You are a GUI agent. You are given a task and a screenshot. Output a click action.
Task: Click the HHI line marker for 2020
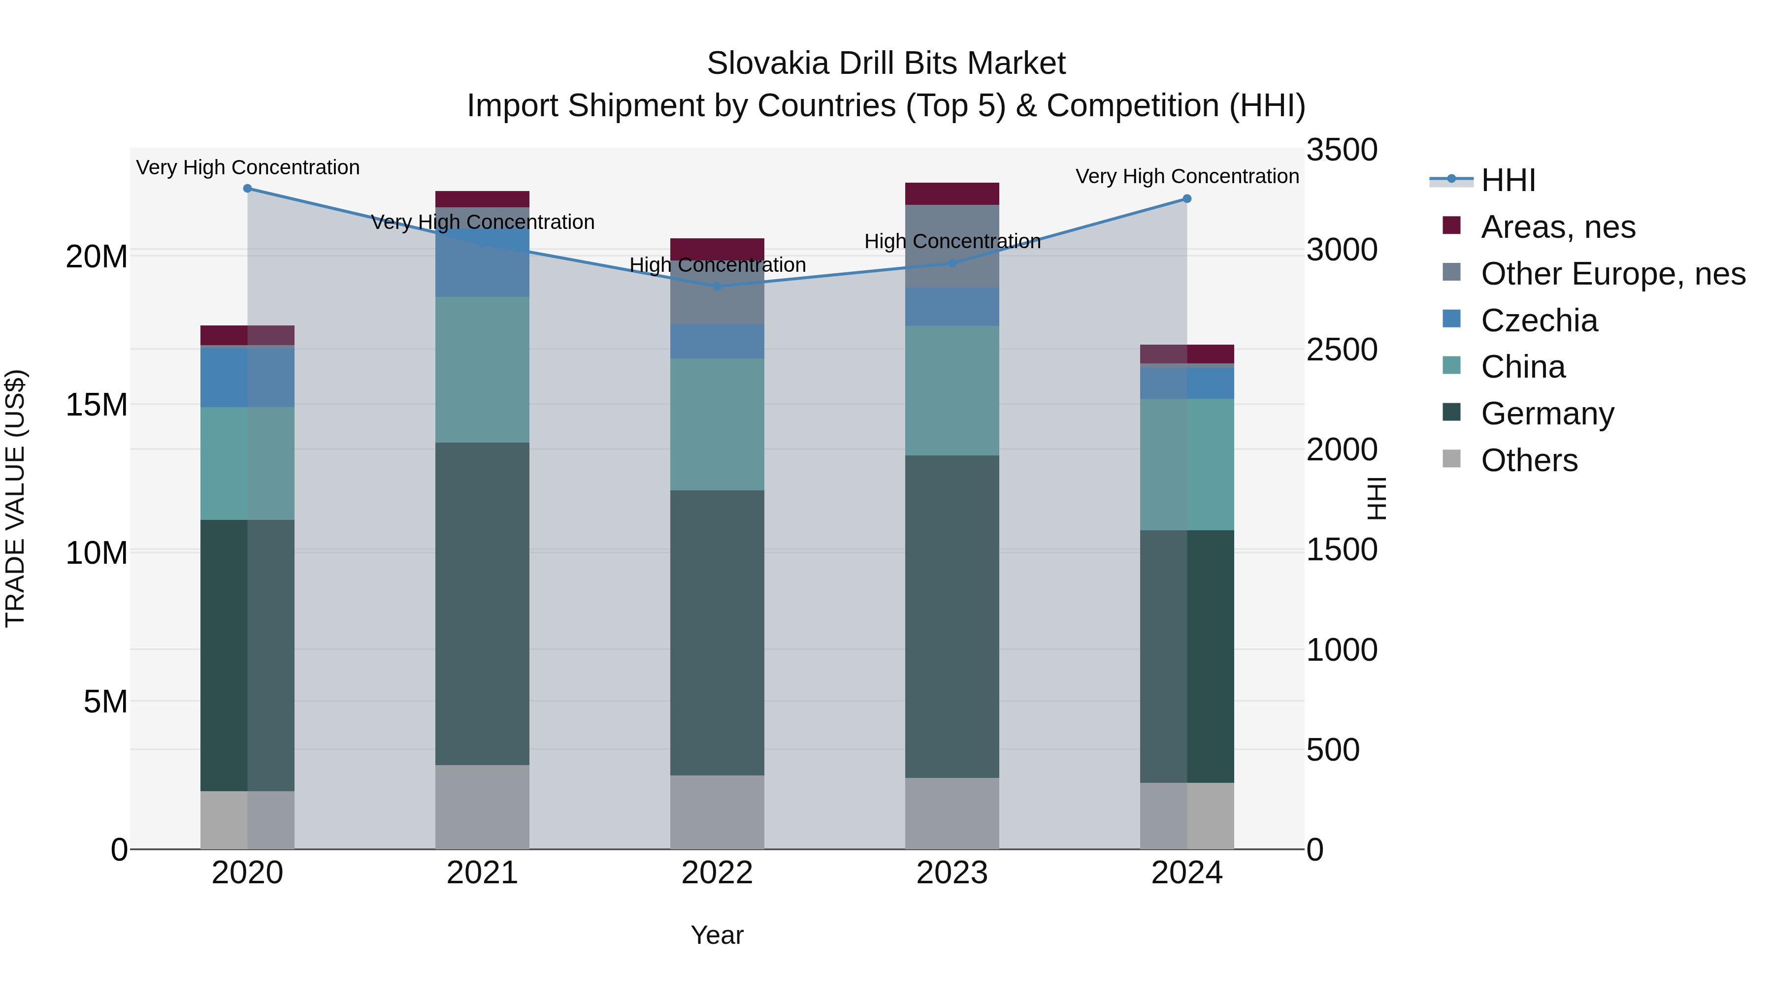click(x=247, y=189)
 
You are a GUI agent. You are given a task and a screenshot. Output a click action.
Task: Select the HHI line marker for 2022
click(x=717, y=286)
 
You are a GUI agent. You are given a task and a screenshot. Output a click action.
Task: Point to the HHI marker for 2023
click(x=952, y=263)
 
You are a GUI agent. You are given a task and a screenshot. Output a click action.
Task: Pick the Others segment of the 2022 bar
click(x=717, y=812)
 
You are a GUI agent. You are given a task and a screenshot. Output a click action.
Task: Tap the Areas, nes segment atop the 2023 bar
click(x=952, y=194)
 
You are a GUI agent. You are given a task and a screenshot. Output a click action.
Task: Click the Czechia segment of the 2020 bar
click(x=247, y=377)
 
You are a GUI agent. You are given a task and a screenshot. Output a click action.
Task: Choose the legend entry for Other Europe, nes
click(x=1612, y=274)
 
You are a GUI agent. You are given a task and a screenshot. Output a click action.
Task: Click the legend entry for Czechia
click(x=1539, y=321)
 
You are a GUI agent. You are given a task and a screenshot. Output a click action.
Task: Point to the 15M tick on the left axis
click(x=97, y=405)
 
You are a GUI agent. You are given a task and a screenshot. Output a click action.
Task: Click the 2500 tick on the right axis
click(x=1342, y=350)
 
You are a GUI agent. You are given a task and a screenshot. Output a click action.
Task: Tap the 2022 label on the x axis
click(x=717, y=873)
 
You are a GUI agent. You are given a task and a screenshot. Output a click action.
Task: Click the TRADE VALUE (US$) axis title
click(x=15, y=498)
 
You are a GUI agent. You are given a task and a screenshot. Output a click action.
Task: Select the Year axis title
click(x=717, y=935)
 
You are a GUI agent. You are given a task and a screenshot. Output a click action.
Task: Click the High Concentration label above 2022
click(x=717, y=265)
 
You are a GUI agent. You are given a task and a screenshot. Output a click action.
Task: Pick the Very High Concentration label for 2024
click(x=1186, y=176)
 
